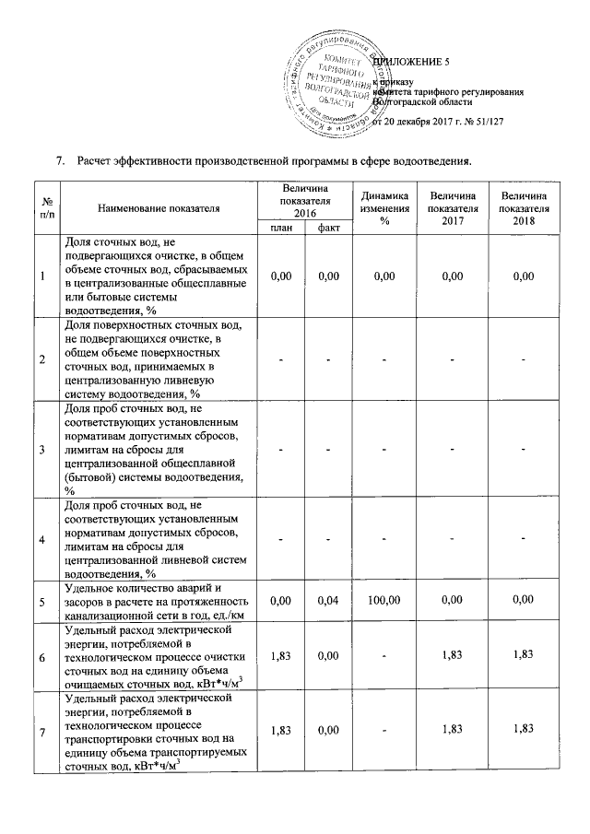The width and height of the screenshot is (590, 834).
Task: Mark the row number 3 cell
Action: click(x=46, y=449)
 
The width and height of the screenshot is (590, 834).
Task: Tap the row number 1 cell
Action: click(x=46, y=276)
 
